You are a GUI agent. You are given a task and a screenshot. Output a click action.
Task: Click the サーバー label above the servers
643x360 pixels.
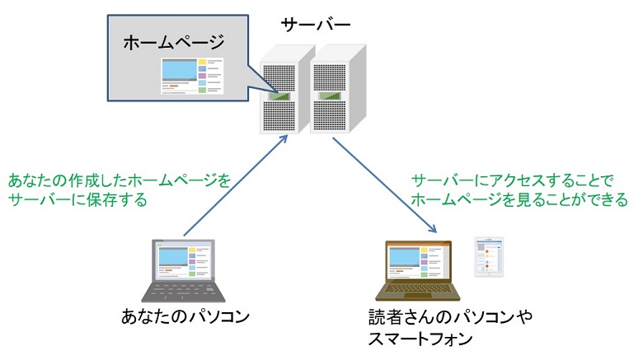coord(315,25)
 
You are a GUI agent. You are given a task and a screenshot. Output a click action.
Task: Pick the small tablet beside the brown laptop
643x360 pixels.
coord(489,257)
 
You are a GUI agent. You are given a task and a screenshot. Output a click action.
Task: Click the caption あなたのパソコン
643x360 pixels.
coord(184,317)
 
